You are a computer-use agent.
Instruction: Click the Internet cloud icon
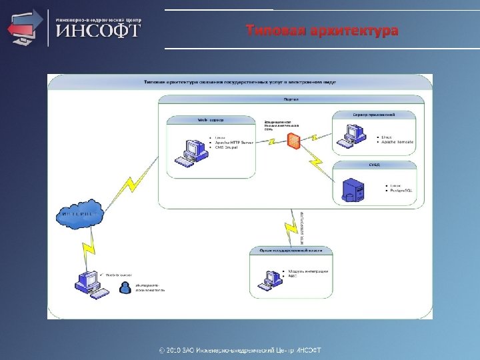click(77, 215)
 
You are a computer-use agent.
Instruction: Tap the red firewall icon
click(293, 141)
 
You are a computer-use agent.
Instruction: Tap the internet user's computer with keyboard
click(88, 283)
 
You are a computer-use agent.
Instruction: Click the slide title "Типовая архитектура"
click(322, 31)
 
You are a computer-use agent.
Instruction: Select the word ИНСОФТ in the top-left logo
click(97, 31)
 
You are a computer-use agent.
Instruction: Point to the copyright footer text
click(239, 350)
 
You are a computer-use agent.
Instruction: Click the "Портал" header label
click(291, 99)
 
